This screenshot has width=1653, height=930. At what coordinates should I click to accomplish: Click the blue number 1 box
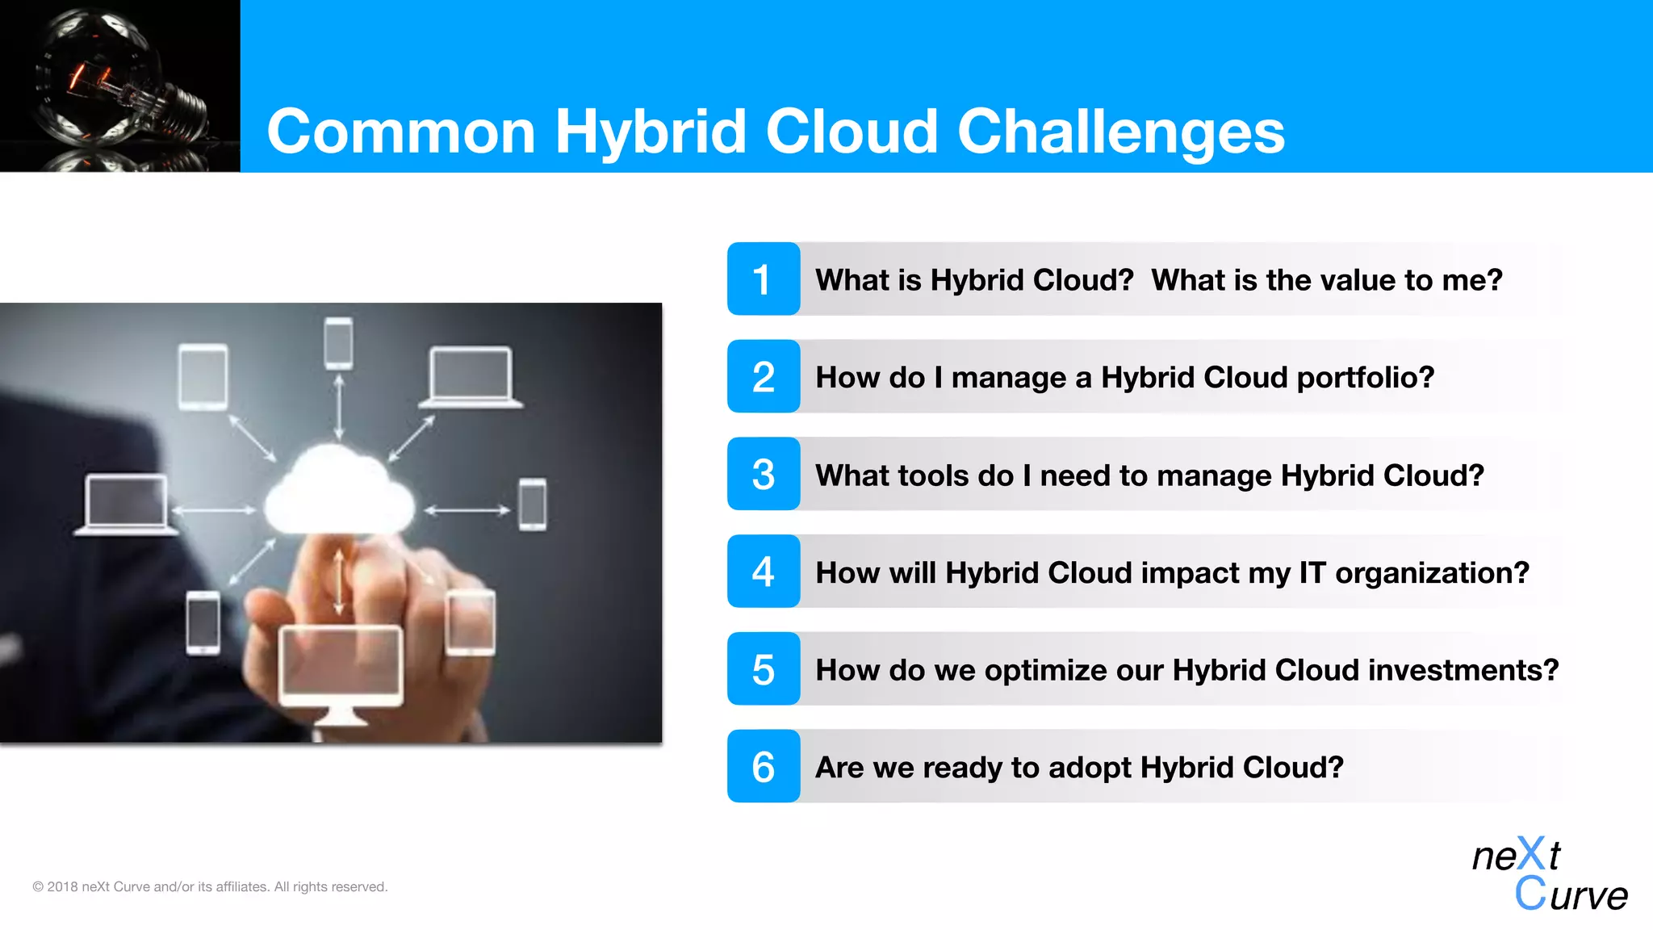(763, 279)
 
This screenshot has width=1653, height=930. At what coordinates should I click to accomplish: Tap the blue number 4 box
(763, 572)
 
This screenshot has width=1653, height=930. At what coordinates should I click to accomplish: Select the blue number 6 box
(763, 766)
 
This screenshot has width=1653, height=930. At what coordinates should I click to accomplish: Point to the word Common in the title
(401, 132)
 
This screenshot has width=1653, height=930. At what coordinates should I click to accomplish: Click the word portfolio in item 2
(1365, 378)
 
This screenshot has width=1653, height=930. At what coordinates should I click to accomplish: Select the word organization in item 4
(1432, 573)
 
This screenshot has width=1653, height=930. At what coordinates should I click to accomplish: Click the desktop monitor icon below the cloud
(341, 670)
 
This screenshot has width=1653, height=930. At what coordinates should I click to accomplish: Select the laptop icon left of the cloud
(126, 505)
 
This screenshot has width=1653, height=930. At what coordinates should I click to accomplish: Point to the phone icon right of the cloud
(533, 505)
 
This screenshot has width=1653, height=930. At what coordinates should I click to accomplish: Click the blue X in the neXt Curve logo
(1531, 853)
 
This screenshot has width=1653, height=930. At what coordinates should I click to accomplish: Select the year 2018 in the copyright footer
(62, 886)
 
